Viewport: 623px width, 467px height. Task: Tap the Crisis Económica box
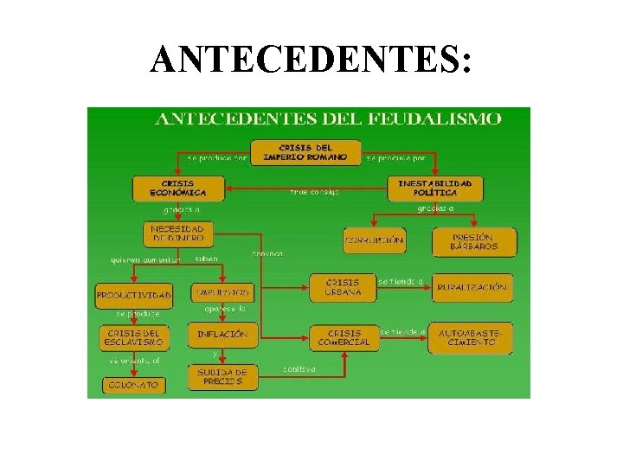point(178,188)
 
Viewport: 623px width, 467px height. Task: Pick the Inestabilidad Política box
point(434,188)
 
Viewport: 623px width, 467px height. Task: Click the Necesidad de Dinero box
point(178,233)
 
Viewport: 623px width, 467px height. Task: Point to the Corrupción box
point(374,240)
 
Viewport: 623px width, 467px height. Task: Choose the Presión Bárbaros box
point(473,240)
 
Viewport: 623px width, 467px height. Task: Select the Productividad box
point(134,295)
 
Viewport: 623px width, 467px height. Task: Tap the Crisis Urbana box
point(343,287)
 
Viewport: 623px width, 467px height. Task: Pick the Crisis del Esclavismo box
point(134,336)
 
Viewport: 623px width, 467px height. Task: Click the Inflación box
point(222,334)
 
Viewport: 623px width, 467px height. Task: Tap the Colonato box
point(134,385)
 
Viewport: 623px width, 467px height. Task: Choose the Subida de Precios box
point(222,377)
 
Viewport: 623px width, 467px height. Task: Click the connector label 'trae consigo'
point(314,192)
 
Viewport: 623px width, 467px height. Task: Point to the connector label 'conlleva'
point(299,369)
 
